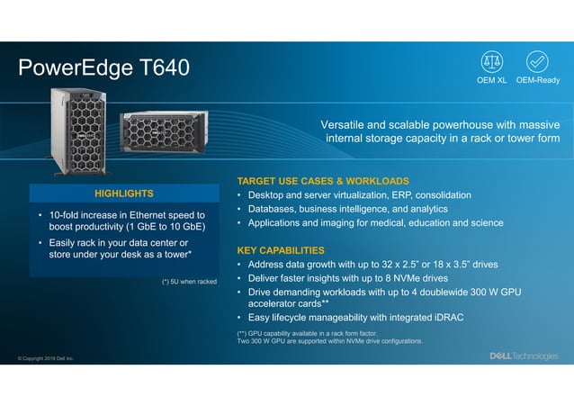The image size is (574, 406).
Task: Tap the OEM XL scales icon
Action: pos(492,61)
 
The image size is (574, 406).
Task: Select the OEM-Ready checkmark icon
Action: pos(538,61)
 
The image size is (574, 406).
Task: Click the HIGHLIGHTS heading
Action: pos(123,194)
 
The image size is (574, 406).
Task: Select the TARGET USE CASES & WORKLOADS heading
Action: pos(322,181)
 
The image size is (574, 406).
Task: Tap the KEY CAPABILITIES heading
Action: pos(280,249)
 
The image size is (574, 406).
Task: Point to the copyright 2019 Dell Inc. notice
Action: pos(45,358)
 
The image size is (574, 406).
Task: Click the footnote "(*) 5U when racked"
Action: pos(189,281)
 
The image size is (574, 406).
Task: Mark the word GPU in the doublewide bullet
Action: pos(509,292)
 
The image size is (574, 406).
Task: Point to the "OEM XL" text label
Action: pos(492,80)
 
